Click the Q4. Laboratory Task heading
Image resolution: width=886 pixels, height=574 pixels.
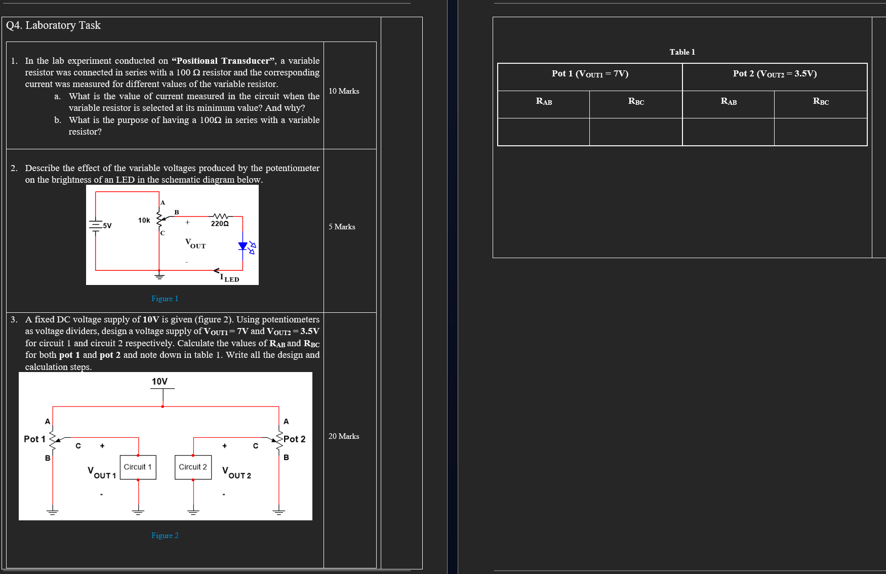point(53,25)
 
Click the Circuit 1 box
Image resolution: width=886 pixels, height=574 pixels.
point(138,467)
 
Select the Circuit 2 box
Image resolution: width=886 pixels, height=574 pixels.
point(193,467)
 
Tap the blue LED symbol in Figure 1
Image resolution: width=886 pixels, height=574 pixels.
point(244,247)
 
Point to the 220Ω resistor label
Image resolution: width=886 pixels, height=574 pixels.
point(220,223)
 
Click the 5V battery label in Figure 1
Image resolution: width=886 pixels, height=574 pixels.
point(107,226)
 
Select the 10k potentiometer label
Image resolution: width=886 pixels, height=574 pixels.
point(144,220)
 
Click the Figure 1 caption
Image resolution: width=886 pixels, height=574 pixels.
point(165,299)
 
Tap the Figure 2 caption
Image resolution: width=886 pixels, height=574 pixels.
point(165,536)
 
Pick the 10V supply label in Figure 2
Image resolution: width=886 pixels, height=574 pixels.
point(159,381)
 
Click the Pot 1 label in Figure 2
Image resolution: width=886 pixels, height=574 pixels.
point(34,439)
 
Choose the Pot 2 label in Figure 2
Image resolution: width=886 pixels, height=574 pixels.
point(294,439)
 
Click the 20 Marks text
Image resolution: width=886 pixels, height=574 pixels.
point(344,436)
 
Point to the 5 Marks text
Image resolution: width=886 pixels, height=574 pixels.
point(342,227)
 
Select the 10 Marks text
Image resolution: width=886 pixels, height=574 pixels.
point(344,91)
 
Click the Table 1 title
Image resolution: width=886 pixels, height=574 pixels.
point(682,52)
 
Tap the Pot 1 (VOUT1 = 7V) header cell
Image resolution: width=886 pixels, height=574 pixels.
point(590,74)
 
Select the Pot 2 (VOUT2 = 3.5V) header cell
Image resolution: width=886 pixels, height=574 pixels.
point(775,74)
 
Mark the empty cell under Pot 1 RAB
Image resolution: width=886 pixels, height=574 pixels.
point(544,132)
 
